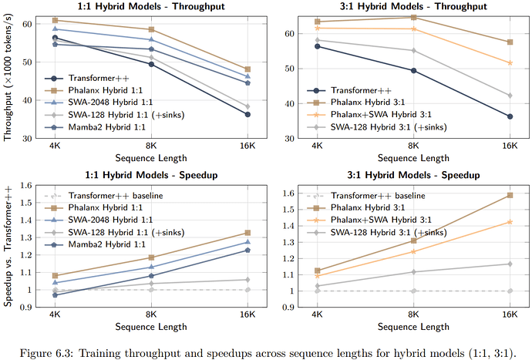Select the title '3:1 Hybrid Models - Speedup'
[413, 175]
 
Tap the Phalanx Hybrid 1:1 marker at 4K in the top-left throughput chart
[54, 21]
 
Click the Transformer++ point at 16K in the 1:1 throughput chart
[247, 114]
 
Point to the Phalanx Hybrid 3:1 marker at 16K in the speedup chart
[510, 195]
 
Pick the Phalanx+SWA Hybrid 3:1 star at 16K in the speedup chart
[510, 222]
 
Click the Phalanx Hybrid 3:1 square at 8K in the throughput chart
[413, 17]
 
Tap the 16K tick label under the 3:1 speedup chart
[510, 315]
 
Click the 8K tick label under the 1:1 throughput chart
[151, 145]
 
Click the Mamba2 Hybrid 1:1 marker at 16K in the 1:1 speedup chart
[247, 250]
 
